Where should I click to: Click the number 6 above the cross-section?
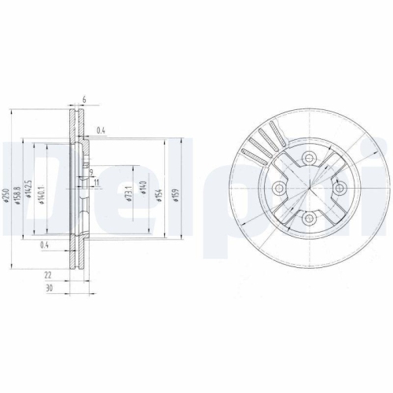point(83,100)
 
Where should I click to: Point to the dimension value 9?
point(91,172)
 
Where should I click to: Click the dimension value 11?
point(96,182)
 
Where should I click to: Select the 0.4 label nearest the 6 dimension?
point(100,130)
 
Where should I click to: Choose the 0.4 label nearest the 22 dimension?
point(45,246)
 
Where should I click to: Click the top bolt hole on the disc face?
point(309,157)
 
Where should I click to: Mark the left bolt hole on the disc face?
point(278,188)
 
